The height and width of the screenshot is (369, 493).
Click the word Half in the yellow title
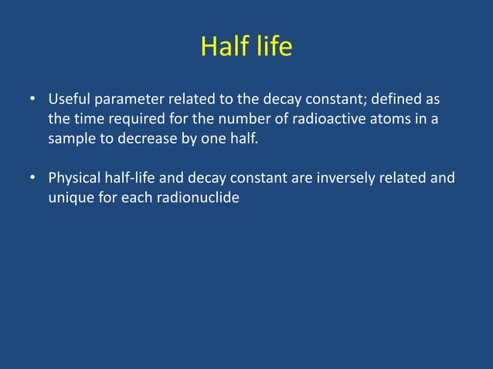pyautogui.click(x=223, y=47)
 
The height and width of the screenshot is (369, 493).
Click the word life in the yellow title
pyautogui.click(x=271, y=47)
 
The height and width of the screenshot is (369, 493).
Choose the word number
pyautogui.click(x=226, y=120)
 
